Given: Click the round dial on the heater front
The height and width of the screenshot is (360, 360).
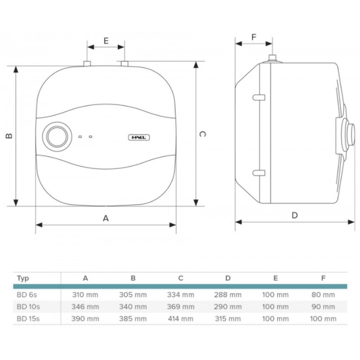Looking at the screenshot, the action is [x=57, y=137].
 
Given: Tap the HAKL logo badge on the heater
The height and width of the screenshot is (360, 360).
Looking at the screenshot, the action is [x=139, y=138].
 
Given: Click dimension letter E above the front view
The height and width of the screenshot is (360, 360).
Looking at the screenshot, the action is [x=106, y=41].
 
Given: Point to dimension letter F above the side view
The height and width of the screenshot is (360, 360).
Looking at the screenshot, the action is [x=254, y=37].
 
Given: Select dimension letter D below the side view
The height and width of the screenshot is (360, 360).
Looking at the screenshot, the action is [x=295, y=216].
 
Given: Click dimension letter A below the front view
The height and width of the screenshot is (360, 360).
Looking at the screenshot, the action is [x=106, y=218].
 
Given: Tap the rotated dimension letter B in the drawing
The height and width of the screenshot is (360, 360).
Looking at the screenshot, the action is [x=9, y=136].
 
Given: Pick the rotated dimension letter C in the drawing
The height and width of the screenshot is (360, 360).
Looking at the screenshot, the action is [x=202, y=134].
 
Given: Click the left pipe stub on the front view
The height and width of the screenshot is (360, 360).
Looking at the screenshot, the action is [x=87, y=63].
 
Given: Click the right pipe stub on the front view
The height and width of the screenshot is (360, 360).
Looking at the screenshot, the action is [x=125, y=63].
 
